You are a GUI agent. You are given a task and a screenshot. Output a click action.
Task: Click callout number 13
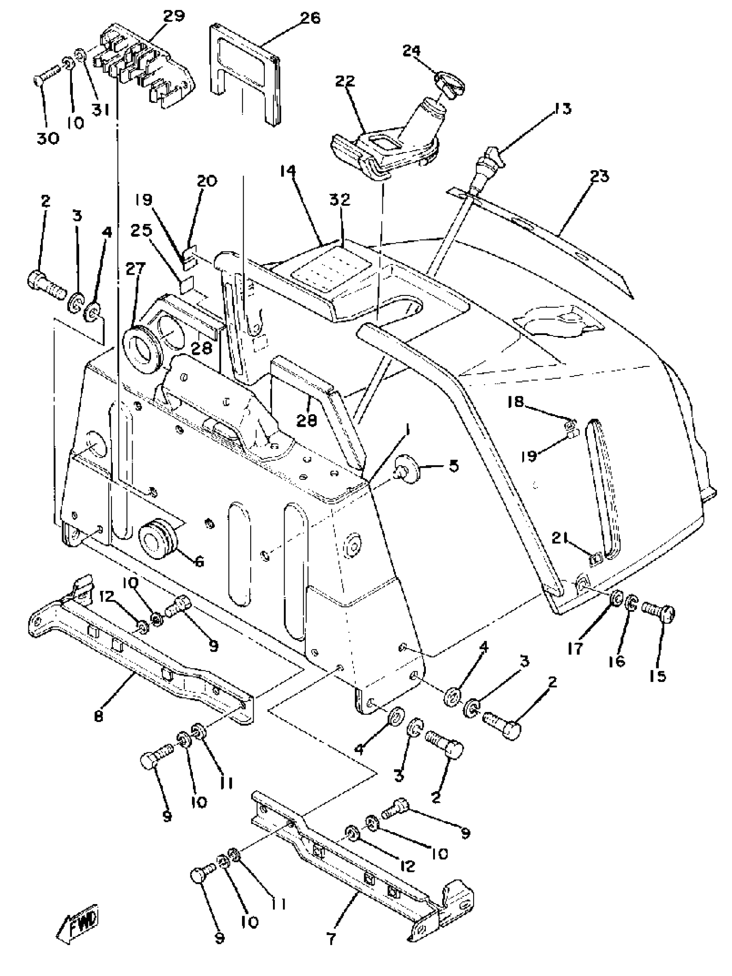561,108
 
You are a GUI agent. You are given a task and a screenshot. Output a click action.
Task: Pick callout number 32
339,199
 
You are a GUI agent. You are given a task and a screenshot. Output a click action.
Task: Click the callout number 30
48,138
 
